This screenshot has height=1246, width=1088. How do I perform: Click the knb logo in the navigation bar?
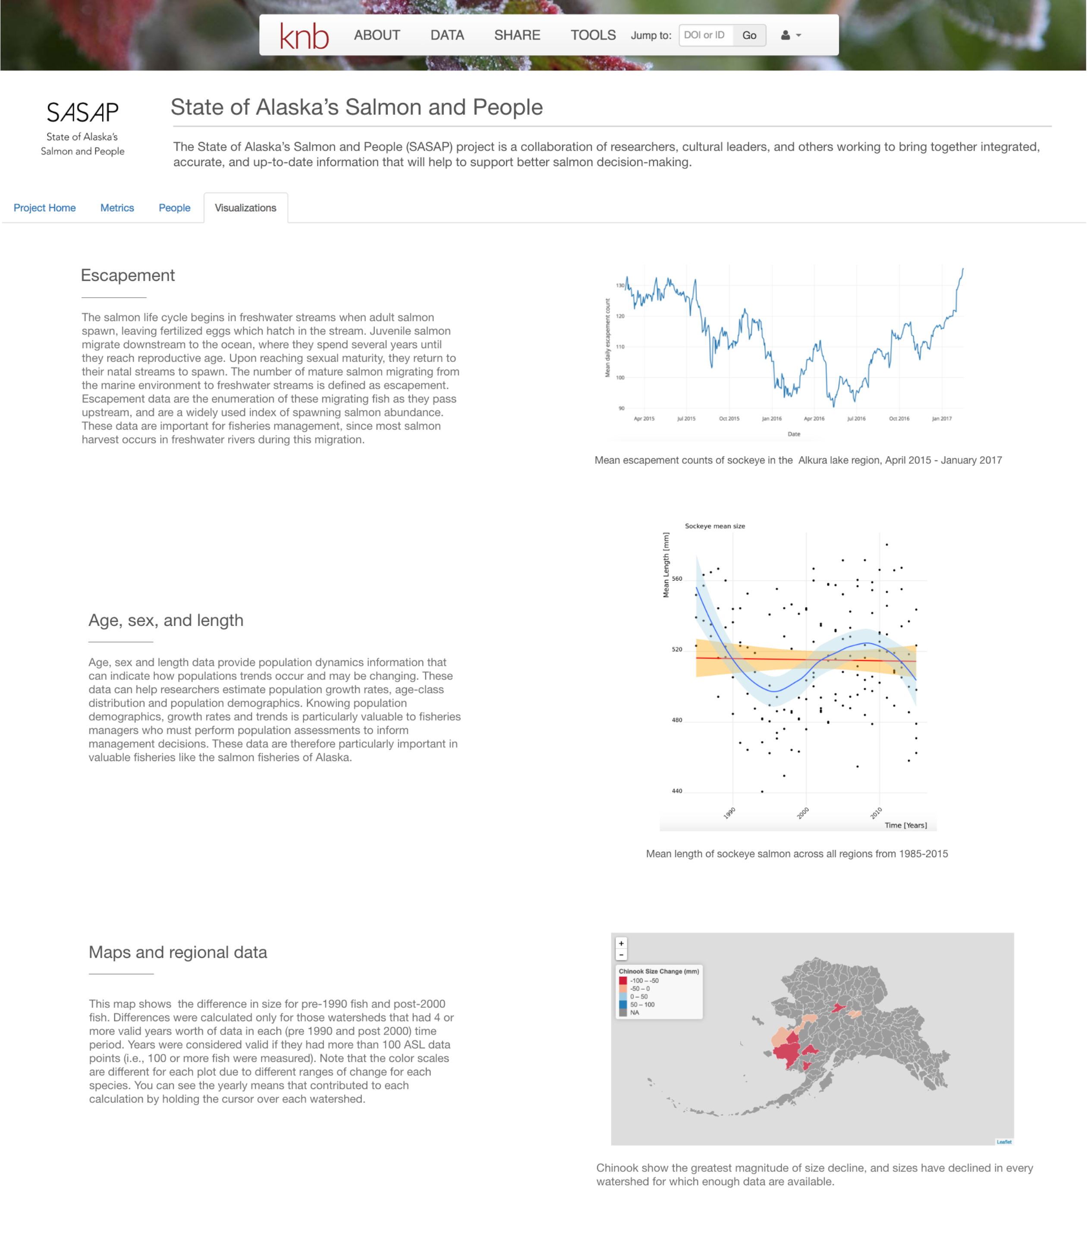(x=304, y=36)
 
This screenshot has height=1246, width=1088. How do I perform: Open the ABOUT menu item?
(x=377, y=35)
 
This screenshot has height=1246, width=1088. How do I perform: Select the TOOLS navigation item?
(x=593, y=35)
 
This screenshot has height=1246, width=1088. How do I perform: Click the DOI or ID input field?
(x=705, y=35)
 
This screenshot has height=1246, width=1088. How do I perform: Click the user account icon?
(x=789, y=35)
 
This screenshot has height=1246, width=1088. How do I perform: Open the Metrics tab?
(x=117, y=208)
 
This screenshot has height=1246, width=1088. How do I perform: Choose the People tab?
(x=174, y=208)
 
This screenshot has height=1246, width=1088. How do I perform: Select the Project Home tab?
(x=44, y=208)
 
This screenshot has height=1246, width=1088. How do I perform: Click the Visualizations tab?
(x=245, y=208)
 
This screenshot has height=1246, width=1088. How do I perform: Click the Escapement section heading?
(x=128, y=275)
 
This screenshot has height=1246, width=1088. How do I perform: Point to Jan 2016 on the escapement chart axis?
(x=772, y=418)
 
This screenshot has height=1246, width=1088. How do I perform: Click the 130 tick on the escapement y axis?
(x=620, y=285)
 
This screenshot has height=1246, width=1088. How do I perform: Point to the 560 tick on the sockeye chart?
(x=677, y=579)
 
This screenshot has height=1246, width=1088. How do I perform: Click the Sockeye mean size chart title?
(x=714, y=526)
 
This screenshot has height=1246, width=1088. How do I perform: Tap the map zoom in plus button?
(x=621, y=943)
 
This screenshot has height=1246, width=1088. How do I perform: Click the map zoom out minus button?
(x=621, y=954)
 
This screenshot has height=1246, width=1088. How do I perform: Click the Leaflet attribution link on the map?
(x=1003, y=1142)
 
